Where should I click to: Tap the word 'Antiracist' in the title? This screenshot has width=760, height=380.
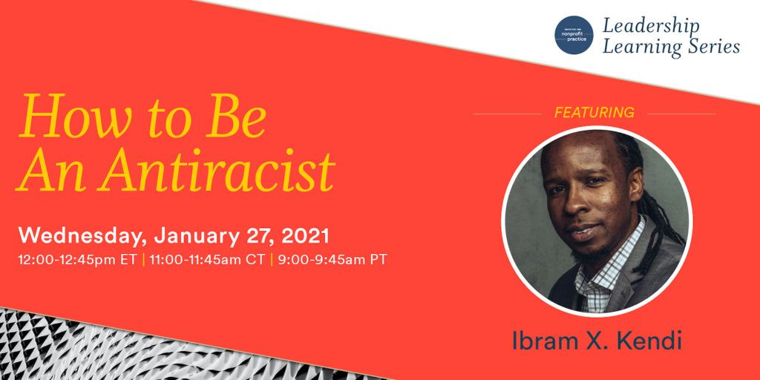pos(217,171)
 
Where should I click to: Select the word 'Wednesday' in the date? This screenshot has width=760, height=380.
pos(82,236)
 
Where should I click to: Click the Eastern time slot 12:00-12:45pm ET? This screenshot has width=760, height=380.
pos(78,260)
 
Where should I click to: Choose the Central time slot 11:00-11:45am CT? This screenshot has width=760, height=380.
pos(207,260)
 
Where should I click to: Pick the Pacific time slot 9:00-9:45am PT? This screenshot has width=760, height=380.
pos(332,260)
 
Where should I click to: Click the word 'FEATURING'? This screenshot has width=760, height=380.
pos(594,113)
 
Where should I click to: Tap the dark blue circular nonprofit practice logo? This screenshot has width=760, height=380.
pos(574,35)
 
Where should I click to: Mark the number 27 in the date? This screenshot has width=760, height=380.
pos(261,236)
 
